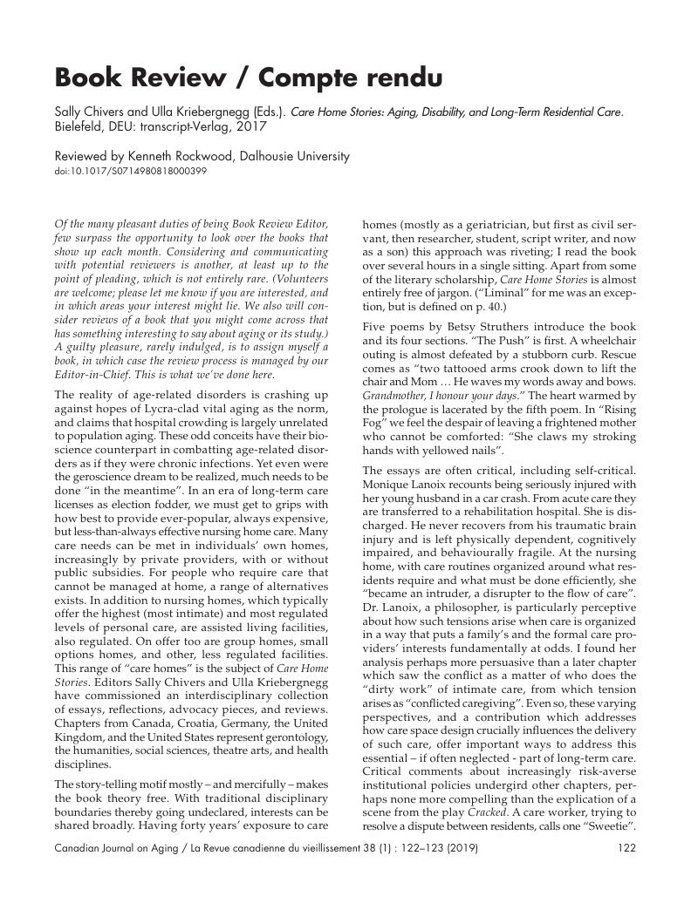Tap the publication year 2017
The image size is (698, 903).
tap(250, 126)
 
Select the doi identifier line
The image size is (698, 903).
tap(131, 171)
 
